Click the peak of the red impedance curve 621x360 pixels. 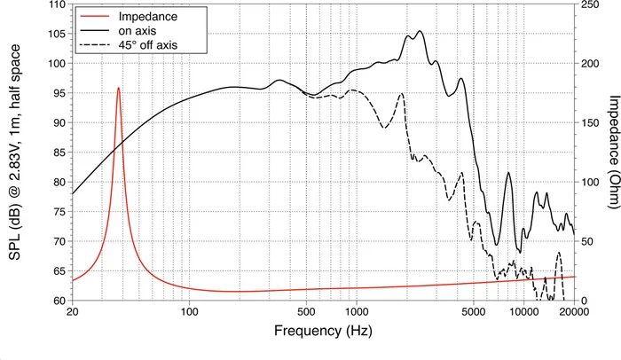click(x=118, y=88)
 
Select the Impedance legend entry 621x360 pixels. click(x=141, y=15)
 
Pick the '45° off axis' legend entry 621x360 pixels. click(x=147, y=43)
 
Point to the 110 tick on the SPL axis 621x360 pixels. click(x=55, y=4)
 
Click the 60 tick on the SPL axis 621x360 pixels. click(x=58, y=301)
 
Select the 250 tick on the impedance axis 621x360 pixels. click(x=591, y=4)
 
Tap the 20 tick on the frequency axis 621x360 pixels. click(x=72, y=312)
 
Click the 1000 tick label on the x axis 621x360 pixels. click(x=357, y=312)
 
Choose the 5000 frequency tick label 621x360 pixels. click(x=473, y=312)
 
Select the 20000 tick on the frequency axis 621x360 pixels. click(x=573, y=312)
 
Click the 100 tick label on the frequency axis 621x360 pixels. click(x=189, y=312)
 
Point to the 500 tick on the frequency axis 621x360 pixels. click(x=306, y=312)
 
